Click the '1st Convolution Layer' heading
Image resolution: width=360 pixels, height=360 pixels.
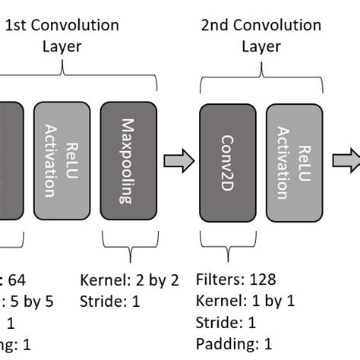pos(62,36)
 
